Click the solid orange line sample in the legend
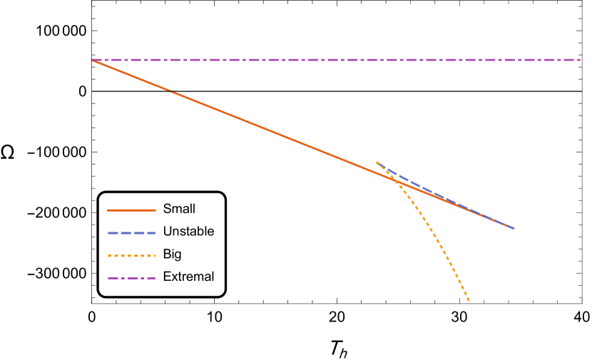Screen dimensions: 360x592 [x=131, y=210]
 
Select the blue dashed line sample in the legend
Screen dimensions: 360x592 [x=131, y=233]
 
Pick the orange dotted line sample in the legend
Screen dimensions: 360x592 [x=131, y=255]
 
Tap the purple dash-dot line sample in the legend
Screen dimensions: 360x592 [x=131, y=278]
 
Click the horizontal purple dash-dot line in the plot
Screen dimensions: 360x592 [x=335, y=60]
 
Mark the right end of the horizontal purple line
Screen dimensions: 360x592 [x=579, y=60]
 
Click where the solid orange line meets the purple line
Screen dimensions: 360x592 [x=93, y=61]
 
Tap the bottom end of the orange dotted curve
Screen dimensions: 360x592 [x=469, y=300]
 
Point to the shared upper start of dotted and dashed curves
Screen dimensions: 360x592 [x=377, y=163]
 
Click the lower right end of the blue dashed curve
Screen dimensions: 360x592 [x=513, y=228]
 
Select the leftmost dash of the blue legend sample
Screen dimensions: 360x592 [x=112, y=233]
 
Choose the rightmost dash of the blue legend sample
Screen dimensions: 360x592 [x=151, y=233]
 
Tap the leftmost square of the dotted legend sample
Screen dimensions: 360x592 [x=110, y=255]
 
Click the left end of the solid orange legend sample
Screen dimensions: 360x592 [x=108, y=210]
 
